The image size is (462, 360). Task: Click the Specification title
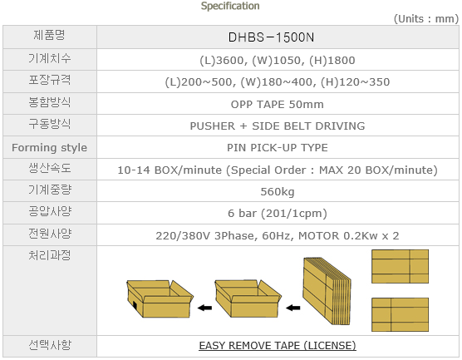point(230,6)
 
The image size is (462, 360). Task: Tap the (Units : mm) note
point(426,19)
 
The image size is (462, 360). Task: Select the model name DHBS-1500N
point(271,37)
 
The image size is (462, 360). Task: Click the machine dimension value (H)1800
point(332,61)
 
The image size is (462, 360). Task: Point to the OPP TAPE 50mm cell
point(277,105)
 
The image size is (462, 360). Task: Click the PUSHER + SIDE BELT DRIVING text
point(278,126)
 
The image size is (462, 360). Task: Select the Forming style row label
point(50,147)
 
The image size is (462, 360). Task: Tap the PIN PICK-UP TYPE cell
point(278,147)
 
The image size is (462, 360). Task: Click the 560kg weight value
point(278,192)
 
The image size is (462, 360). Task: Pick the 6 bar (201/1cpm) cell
point(278,213)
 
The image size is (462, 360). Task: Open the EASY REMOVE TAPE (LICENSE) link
point(278,346)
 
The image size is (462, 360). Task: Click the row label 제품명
point(49,36)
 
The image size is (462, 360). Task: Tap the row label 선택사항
point(50,345)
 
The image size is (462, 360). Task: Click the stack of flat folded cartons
point(327,291)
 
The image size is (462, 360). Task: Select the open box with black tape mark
point(160,298)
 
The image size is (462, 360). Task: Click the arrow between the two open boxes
point(204,308)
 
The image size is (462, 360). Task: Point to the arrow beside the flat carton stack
point(292,308)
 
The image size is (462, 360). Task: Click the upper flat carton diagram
point(400,266)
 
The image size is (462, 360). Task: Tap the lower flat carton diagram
point(400,314)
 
